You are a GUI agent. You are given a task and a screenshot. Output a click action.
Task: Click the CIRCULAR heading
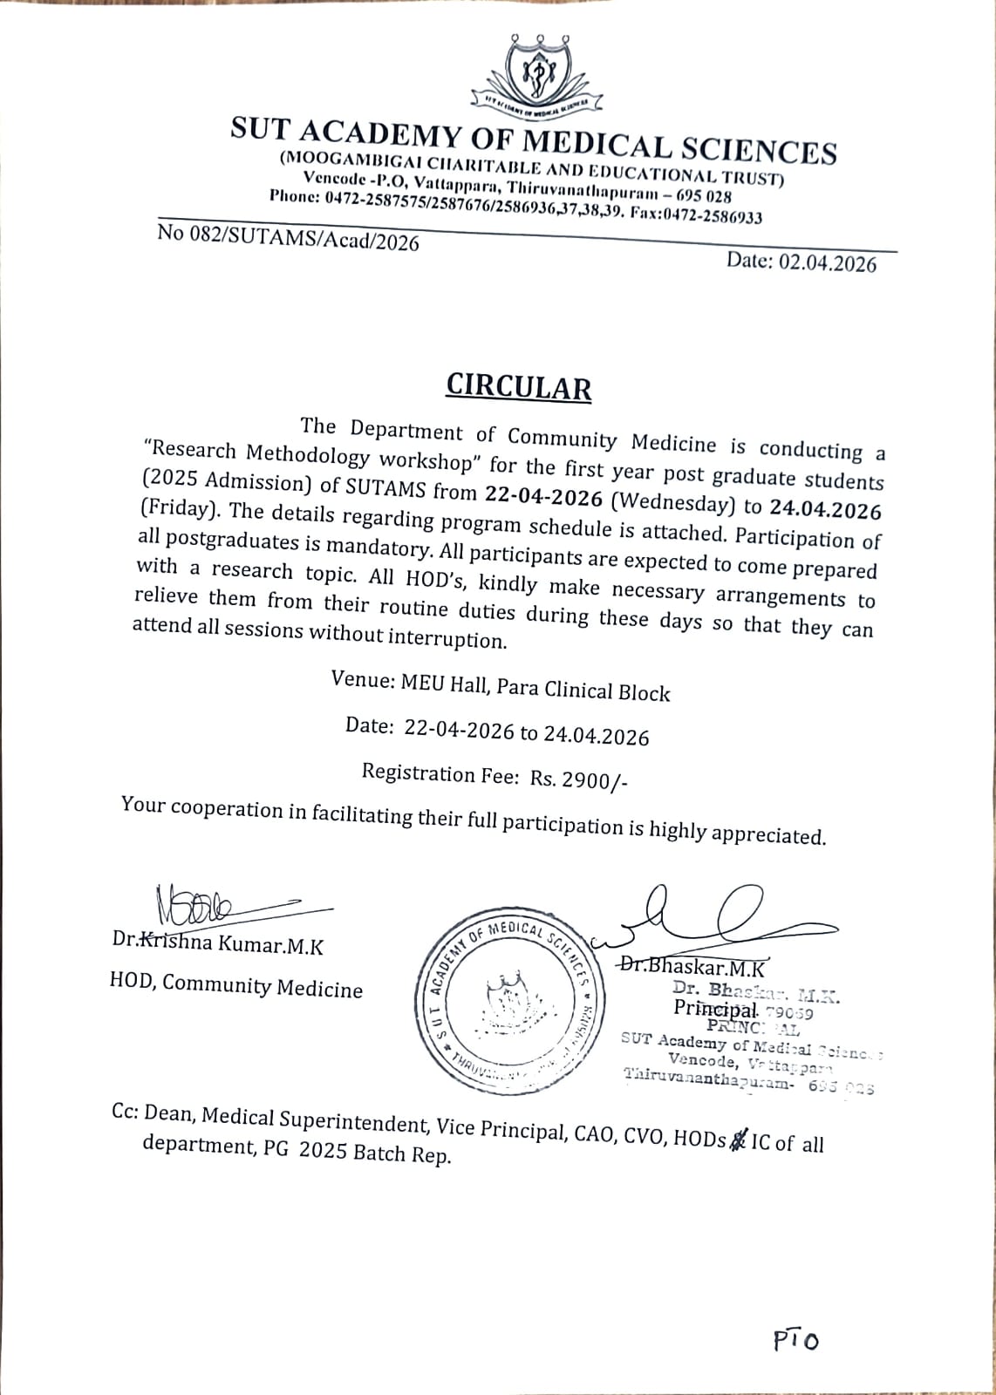[x=518, y=386]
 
